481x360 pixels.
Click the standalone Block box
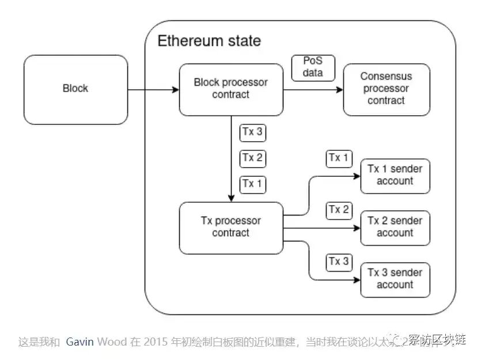pos(75,89)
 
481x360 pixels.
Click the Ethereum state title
pos(209,41)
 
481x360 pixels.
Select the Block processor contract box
pos(231,89)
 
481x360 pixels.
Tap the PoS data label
pos(313,67)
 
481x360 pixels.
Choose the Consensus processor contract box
pos(387,89)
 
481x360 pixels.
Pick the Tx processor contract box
pos(231,228)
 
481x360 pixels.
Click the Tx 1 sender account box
pos(395,176)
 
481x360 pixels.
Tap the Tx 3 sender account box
pos(395,279)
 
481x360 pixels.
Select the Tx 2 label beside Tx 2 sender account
pos(338,210)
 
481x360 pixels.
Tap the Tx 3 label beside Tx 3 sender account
pos(338,262)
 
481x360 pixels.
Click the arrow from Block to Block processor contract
pos(153,90)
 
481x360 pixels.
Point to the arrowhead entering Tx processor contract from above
pos(231,198)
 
